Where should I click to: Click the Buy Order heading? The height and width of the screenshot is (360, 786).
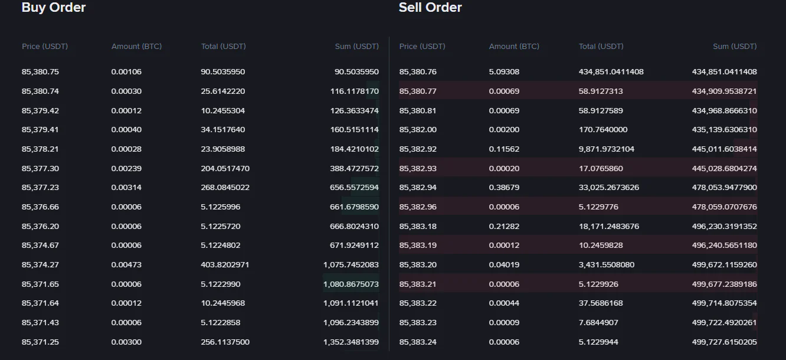[x=54, y=8]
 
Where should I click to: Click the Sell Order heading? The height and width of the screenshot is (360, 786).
[x=430, y=8]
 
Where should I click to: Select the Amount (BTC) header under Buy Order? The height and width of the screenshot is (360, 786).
[x=136, y=46]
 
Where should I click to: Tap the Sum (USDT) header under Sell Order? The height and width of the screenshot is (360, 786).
[x=735, y=46]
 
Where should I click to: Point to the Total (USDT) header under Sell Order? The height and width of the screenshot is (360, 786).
[x=601, y=46]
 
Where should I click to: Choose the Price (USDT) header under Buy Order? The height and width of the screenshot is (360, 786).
[x=45, y=46]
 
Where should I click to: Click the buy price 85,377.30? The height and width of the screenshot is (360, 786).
[x=40, y=168]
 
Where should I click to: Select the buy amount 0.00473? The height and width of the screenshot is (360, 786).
[x=126, y=265]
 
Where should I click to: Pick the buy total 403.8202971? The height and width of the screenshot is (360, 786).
[x=225, y=265]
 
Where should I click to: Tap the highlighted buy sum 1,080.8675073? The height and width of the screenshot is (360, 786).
[x=351, y=284]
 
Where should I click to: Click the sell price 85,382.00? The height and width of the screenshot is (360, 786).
[x=418, y=130]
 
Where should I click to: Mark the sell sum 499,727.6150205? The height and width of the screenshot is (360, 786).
[x=725, y=342]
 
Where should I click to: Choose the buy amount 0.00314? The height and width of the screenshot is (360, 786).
[x=126, y=188]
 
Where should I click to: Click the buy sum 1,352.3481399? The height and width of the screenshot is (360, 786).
[x=351, y=342]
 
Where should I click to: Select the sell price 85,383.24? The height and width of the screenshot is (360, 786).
[x=418, y=342]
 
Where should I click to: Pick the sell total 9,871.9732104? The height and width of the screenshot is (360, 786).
[x=607, y=149]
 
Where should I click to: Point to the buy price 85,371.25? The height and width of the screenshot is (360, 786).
[x=40, y=342]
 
